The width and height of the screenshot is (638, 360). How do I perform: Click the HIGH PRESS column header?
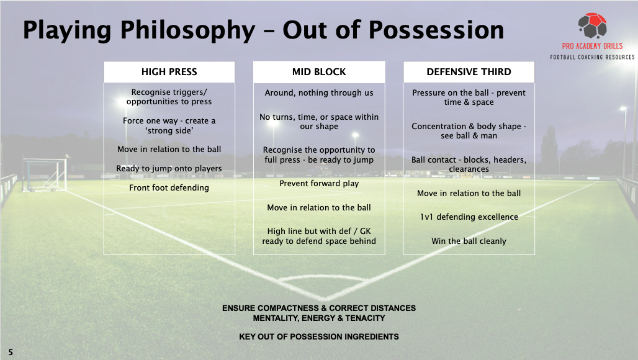(169, 72)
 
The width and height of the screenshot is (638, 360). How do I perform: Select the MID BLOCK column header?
(319, 72)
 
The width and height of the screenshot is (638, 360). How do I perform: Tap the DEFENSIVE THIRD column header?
(469, 72)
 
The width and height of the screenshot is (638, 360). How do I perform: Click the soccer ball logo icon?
(593, 25)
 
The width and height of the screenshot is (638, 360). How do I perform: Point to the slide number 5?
(11, 353)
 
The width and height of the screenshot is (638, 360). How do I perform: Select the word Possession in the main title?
(436, 30)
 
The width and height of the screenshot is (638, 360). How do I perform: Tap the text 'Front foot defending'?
(169, 188)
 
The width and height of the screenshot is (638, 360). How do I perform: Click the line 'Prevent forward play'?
(319, 184)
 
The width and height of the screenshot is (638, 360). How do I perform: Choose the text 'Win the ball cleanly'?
(469, 241)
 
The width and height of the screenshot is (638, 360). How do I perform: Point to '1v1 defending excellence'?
(469, 217)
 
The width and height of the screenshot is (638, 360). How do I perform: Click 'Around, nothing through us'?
(319, 92)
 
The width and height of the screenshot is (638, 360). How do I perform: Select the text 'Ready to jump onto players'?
(169, 168)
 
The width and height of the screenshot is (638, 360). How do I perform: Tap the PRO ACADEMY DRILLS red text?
(593, 46)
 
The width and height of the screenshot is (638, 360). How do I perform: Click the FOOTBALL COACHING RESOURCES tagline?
(593, 57)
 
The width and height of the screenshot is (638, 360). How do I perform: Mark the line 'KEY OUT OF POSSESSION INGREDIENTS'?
(319, 337)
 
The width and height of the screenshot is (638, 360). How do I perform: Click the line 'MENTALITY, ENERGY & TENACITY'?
(319, 318)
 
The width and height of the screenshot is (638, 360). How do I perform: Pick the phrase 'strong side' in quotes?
(169, 130)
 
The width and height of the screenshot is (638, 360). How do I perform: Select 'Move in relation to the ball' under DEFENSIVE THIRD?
(469, 193)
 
